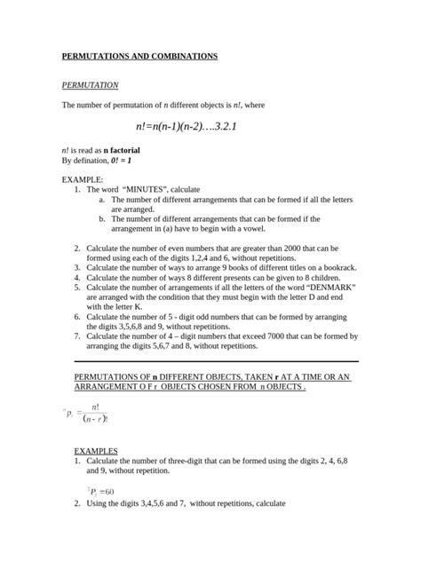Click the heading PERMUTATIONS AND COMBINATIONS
click(x=139, y=56)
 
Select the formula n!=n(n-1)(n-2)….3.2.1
click(x=187, y=127)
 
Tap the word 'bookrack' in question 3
click(x=338, y=266)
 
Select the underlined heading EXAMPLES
click(x=96, y=451)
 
